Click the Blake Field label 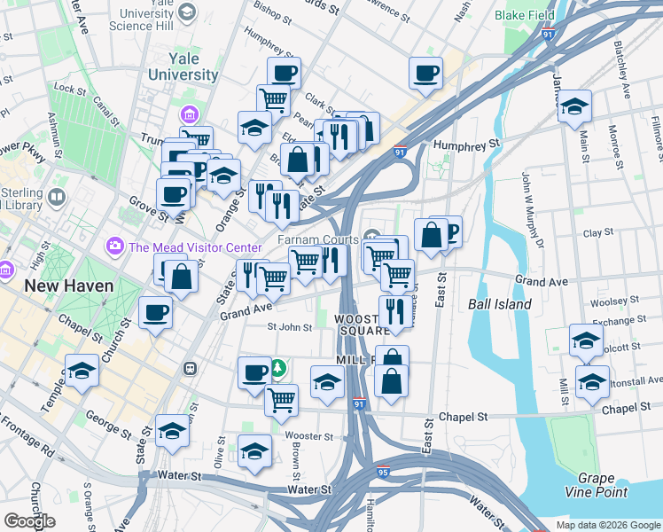click(525, 15)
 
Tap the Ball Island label click(500, 304)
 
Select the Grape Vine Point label click(596, 484)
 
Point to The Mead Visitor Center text click(195, 247)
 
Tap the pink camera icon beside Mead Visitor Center click(114, 246)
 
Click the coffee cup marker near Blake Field click(425, 73)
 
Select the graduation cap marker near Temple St click(82, 371)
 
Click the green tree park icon click(278, 367)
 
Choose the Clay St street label click(598, 232)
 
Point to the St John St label click(290, 327)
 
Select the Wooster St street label click(308, 436)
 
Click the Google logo click(29, 520)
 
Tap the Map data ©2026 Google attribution click(608, 525)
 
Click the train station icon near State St click(190, 368)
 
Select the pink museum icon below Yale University click(189, 115)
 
